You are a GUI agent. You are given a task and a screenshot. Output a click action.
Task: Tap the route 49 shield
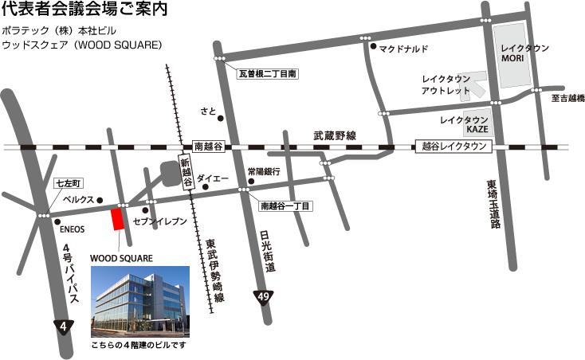point(262,298)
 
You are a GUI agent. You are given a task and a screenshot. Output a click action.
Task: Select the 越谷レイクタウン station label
point(453,147)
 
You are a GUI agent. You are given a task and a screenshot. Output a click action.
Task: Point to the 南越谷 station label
point(209,147)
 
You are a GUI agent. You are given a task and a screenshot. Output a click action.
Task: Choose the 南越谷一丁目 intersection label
point(286,205)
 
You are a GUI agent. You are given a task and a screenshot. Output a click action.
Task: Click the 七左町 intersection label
point(65,182)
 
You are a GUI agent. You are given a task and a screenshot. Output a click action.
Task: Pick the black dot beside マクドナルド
point(373,47)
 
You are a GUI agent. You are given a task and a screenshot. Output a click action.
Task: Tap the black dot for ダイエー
point(205,187)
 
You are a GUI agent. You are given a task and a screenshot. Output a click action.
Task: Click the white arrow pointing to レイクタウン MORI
point(475,83)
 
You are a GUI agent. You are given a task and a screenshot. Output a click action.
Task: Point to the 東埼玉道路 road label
point(493,204)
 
